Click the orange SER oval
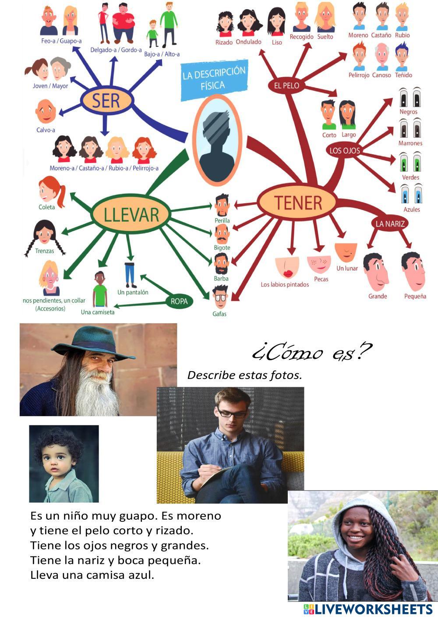pos(106,101)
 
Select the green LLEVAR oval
pos(125,214)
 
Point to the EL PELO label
pos(286,85)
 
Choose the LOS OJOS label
pos(344,151)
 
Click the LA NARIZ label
pos(390,223)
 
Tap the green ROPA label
pos(179,301)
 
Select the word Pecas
pos(321,279)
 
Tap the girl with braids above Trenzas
pos(44,234)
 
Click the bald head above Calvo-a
pos(45,111)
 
